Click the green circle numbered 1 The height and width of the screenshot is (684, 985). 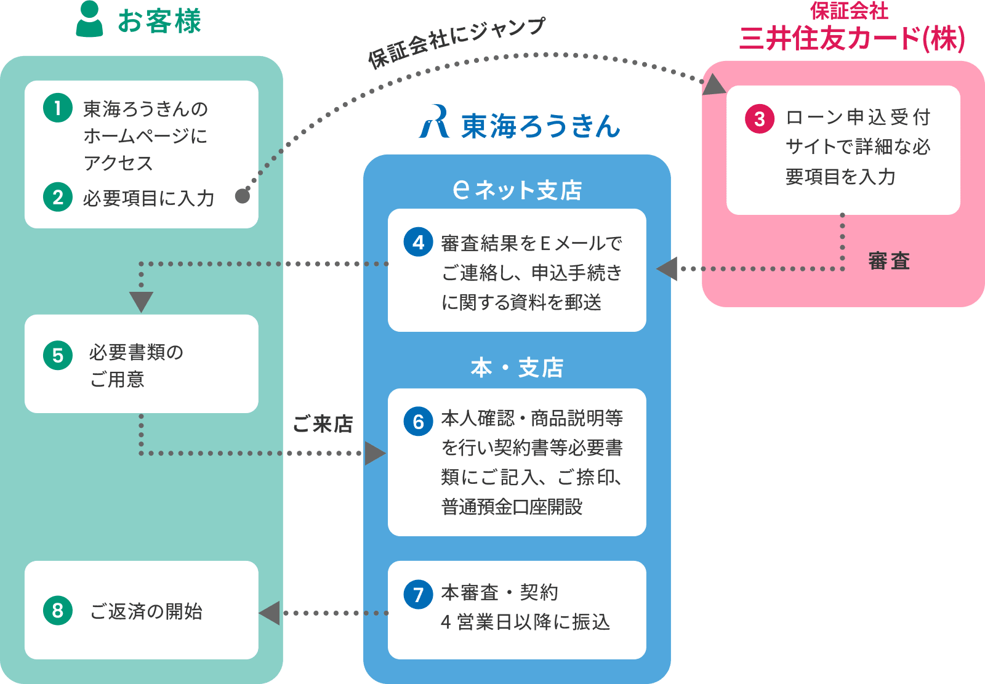click(x=58, y=108)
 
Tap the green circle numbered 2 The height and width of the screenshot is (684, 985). click(x=58, y=197)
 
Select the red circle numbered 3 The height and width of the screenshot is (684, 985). click(x=760, y=119)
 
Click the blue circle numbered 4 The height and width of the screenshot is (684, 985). click(x=419, y=242)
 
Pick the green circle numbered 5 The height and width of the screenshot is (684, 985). click(x=58, y=355)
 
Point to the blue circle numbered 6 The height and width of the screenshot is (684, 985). click(x=419, y=421)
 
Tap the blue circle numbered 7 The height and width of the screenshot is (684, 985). click(x=419, y=594)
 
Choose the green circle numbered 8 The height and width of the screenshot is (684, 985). click(x=58, y=610)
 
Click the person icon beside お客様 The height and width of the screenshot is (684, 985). click(x=90, y=20)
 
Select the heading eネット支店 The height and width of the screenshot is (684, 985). click(x=517, y=190)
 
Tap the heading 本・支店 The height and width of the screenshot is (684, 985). click(x=517, y=368)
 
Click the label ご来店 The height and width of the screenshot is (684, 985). click(x=323, y=424)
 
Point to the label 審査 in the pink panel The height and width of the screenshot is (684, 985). click(x=889, y=261)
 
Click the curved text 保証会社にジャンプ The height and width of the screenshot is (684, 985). click(x=456, y=41)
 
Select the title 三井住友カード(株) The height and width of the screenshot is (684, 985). click(x=852, y=38)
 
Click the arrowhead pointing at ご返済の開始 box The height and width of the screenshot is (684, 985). click(x=270, y=613)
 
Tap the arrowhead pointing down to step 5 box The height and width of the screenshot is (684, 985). click(x=141, y=302)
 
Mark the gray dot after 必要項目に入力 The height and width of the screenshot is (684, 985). click(x=243, y=196)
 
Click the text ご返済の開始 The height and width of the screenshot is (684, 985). click(x=147, y=611)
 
